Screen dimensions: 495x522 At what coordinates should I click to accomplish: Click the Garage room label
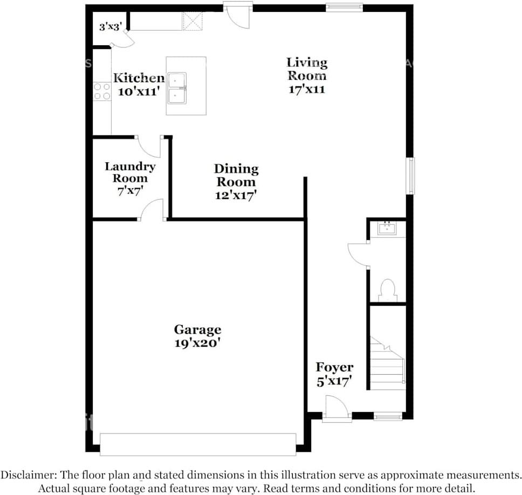[x=197, y=329]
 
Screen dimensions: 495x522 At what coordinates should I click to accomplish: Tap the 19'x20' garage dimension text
[x=197, y=343]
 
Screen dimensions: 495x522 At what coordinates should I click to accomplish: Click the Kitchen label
[x=139, y=78]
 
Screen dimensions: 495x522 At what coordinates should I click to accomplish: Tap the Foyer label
[x=334, y=367]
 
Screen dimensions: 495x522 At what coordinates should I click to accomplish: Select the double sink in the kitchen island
[x=177, y=87]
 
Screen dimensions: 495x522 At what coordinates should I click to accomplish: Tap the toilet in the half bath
[x=388, y=290]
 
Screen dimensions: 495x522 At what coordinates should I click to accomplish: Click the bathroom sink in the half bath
[x=387, y=229]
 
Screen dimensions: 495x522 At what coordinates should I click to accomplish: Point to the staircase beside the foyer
[x=387, y=362]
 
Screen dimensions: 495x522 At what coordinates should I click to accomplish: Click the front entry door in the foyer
[x=337, y=408]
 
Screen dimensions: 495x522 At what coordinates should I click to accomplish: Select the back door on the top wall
[x=238, y=15]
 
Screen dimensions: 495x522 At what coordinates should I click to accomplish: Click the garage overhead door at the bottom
[x=198, y=444]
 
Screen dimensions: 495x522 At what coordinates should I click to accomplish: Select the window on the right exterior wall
[x=411, y=176]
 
